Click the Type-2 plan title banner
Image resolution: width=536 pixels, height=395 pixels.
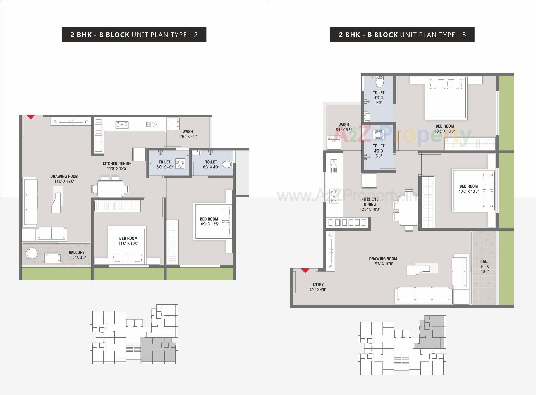(134, 35)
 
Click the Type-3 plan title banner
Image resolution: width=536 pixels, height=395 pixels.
(402, 35)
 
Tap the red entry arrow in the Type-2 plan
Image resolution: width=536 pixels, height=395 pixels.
(31, 117)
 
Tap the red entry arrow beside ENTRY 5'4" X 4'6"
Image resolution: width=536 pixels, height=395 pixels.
(305, 270)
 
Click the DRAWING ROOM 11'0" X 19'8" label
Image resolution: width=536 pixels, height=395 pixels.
(64, 179)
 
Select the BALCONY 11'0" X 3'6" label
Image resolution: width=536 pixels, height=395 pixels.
(76, 255)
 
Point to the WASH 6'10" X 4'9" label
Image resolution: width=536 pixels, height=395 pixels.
(188, 134)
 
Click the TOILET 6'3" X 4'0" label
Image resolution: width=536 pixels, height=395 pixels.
(211, 165)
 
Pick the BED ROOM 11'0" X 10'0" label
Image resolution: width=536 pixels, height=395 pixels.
(128, 241)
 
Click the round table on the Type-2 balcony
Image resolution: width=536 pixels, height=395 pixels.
(32, 254)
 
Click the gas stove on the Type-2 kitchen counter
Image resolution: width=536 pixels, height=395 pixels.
(122, 125)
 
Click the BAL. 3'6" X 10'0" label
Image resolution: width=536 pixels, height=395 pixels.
(484, 266)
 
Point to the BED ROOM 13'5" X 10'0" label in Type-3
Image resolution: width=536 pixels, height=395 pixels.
(445, 129)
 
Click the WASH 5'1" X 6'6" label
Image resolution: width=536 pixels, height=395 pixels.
(344, 127)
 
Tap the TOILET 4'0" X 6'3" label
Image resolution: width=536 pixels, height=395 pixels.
(379, 97)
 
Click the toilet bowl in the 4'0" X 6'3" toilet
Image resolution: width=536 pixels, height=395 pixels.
(379, 81)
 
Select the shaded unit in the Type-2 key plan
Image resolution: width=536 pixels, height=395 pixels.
(158, 350)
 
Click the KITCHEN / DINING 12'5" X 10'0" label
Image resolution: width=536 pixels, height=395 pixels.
(370, 204)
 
